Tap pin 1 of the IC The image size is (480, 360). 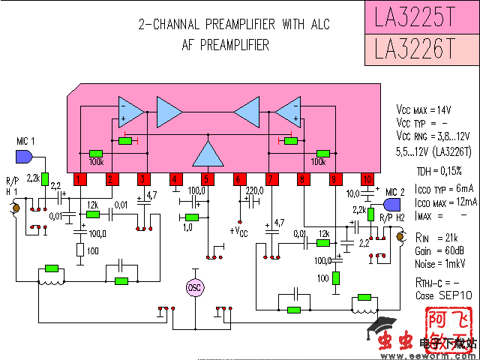pos(78,179)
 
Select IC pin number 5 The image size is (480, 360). pos(207,179)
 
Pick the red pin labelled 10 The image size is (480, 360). pos(367,179)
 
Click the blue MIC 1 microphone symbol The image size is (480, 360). pos(23,157)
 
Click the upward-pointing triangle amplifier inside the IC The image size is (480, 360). pos(207,153)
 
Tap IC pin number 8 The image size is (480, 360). pos(303,179)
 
